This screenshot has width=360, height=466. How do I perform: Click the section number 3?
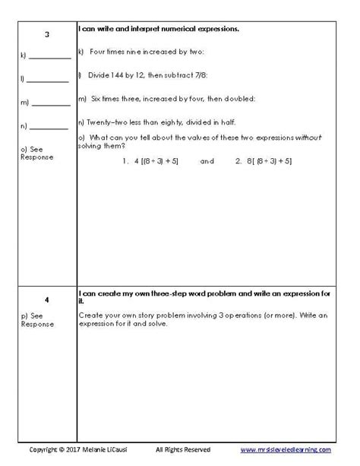tap(47, 34)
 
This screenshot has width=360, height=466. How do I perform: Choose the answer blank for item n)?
tap(50, 126)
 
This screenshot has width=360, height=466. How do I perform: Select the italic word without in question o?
tap(309, 138)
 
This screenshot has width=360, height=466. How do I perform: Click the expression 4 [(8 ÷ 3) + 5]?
tap(156, 161)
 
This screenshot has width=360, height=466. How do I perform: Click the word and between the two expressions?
tap(207, 161)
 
